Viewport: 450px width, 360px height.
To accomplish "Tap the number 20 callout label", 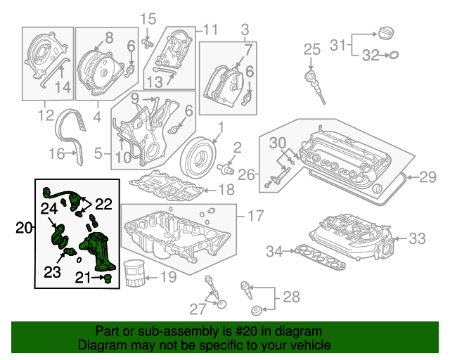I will coord(24,227).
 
